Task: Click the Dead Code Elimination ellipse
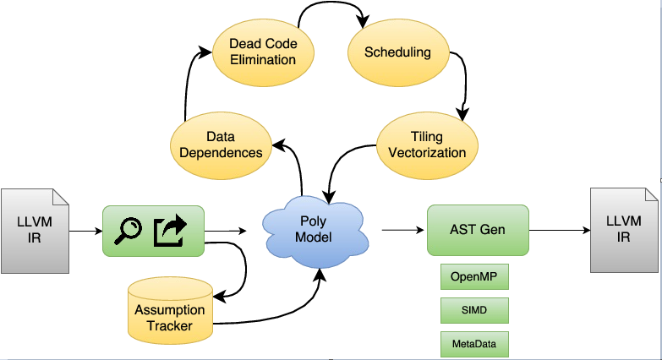[x=263, y=52]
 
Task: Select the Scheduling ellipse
[x=398, y=52]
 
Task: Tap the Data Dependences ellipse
[x=221, y=145]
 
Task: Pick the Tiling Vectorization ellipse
[x=427, y=145]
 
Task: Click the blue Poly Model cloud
[x=315, y=231]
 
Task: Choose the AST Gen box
[x=478, y=230]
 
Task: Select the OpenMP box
[x=474, y=277]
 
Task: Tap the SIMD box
[x=474, y=310]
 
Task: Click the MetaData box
[x=474, y=344]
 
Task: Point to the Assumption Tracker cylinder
[x=170, y=311]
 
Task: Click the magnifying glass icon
[x=128, y=231]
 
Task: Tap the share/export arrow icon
[x=170, y=231]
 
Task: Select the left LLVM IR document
[x=35, y=231]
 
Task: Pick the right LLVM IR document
[x=624, y=230]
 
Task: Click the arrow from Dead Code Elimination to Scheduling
[x=331, y=3]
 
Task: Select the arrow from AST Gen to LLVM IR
[x=560, y=230]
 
